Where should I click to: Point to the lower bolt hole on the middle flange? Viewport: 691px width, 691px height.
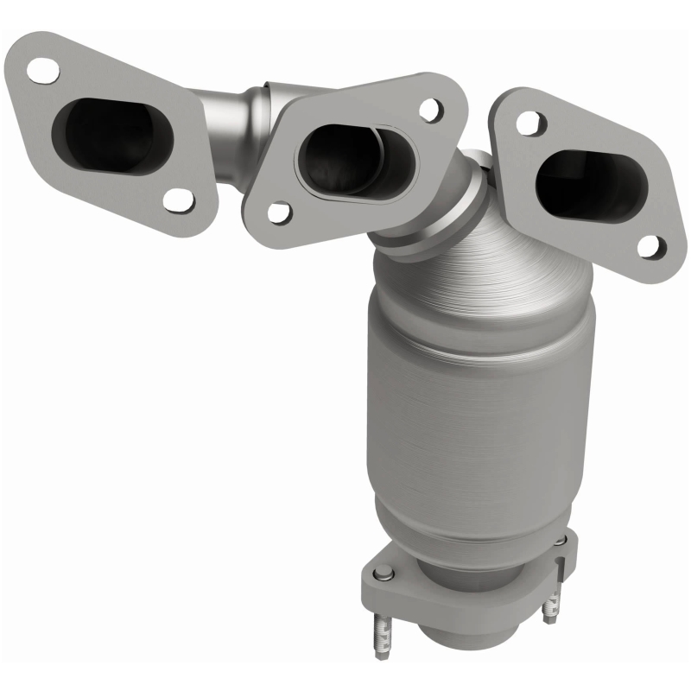click(278, 211)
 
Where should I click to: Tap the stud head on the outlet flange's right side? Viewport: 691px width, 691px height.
click(560, 541)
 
